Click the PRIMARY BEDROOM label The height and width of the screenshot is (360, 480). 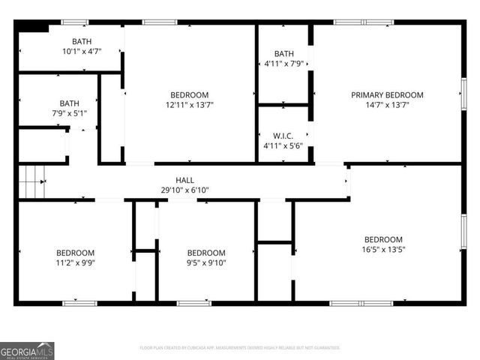pyautogui.click(x=387, y=95)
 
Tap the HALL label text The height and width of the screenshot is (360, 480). pyautogui.click(x=184, y=180)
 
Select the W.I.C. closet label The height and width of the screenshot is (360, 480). pyautogui.click(x=283, y=136)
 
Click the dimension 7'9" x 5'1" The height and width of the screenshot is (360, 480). pyautogui.click(x=70, y=114)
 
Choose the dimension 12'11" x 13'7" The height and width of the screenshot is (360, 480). pyautogui.click(x=189, y=105)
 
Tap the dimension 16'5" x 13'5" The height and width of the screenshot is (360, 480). pyautogui.click(x=383, y=250)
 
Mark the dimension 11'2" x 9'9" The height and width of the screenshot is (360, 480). pyautogui.click(x=75, y=262)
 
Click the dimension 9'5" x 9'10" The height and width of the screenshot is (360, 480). pyautogui.click(x=205, y=262)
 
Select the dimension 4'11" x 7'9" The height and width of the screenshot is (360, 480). pyautogui.click(x=284, y=64)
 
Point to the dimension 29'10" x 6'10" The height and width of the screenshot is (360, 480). pyautogui.click(x=184, y=190)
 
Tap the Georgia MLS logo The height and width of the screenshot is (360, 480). pyautogui.click(x=27, y=350)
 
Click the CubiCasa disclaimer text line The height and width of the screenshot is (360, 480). pyautogui.click(x=240, y=348)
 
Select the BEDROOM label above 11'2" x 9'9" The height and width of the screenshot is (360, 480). pyautogui.click(x=75, y=253)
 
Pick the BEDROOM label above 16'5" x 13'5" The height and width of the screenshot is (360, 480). pyautogui.click(x=383, y=240)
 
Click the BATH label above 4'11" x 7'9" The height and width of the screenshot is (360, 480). pyautogui.click(x=284, y=53)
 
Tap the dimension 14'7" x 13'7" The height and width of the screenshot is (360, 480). pyautogui.click(x=387, y=105)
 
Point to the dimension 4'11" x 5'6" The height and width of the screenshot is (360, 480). pyautogui.click(x=283, y=146)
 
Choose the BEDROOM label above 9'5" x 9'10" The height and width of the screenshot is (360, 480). pyautogui.click(x=205, y=253)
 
